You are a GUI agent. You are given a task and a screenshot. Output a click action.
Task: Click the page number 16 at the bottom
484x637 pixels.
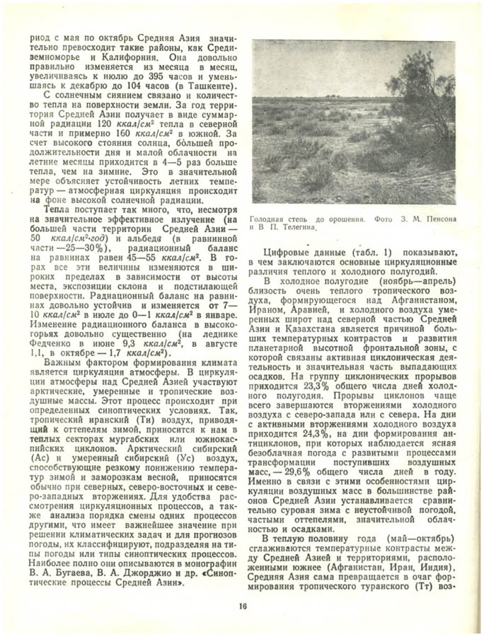pyautogui.click(x=242, y=606)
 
